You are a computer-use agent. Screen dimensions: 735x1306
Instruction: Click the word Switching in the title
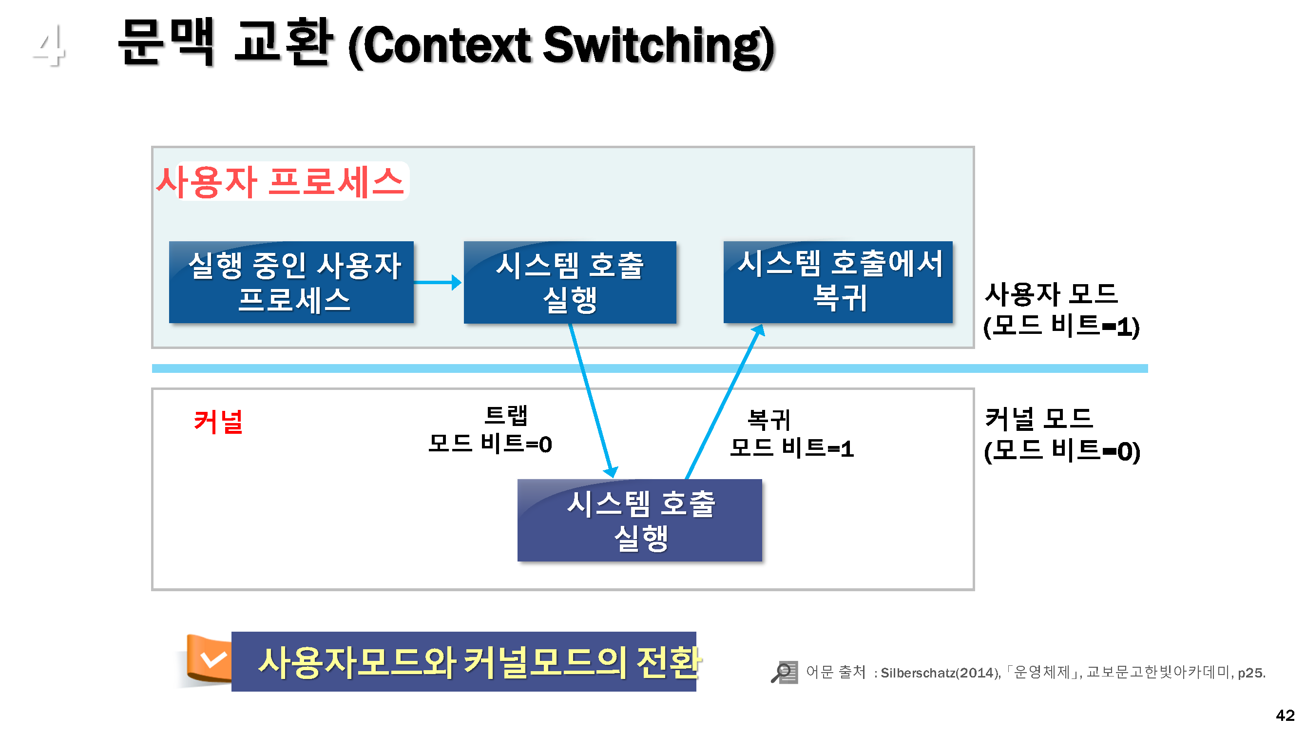pyautogui.click(x=659, y=47)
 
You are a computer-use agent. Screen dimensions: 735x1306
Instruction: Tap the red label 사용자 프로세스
pyautogui.click(x=280, y=182)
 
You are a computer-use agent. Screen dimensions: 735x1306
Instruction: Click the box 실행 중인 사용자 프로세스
pyautogui.click(x=291, y=282)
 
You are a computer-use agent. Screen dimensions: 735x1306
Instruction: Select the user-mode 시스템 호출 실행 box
pyautogui.click(x=569, y=282)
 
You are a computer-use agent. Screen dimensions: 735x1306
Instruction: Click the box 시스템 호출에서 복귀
pyautogui.click(x=838, y=282)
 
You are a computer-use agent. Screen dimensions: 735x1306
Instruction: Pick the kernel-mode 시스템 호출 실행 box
pyautogui.click(x=639, y=520)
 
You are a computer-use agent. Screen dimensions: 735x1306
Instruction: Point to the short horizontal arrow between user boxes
pyautogui.click(x=437, y=282)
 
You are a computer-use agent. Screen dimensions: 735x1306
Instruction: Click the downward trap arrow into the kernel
pyautogui.click(x=591, y=401)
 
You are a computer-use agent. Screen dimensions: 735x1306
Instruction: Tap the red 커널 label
pyautogui.click(x=218, y=422)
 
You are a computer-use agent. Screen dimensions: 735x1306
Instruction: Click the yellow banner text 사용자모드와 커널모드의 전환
pyautogui.click(x=479, y=662)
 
